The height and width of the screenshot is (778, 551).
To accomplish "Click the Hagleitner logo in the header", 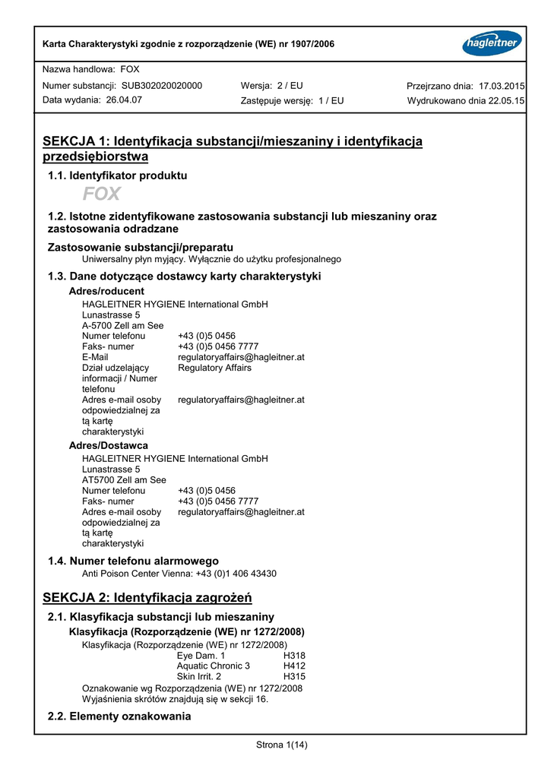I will (x=491, y=43).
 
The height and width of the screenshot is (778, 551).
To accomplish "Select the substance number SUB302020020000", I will (x=162, y=86).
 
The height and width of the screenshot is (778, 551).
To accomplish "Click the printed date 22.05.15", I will (x=506, y=100).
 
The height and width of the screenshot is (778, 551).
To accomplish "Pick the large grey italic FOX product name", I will (x=102, y=194).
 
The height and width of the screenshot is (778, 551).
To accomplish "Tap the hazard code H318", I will (x=294, y=656).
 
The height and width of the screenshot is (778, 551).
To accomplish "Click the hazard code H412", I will (x=294, y=666).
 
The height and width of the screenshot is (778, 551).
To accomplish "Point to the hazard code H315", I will (x=294, y=676).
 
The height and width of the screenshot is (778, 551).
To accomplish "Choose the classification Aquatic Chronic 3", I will (x=213, y=666).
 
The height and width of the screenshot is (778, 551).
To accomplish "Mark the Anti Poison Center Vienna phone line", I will (x=179, y=574).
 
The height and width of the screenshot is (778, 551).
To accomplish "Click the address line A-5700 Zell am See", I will (x=122, y=325).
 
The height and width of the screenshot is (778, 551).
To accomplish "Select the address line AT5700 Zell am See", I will (x=124, y=480).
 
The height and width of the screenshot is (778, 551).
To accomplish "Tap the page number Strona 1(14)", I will (x=282, y=745).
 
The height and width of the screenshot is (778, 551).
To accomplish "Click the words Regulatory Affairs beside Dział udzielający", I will (x=214, y=368).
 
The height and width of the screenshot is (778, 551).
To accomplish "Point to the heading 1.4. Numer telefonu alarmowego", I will (x=133, y=561).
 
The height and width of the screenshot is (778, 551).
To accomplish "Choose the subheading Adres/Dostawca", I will (x=109, y=445).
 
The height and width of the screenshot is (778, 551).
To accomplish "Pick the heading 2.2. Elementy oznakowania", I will (x=119, y=716).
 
